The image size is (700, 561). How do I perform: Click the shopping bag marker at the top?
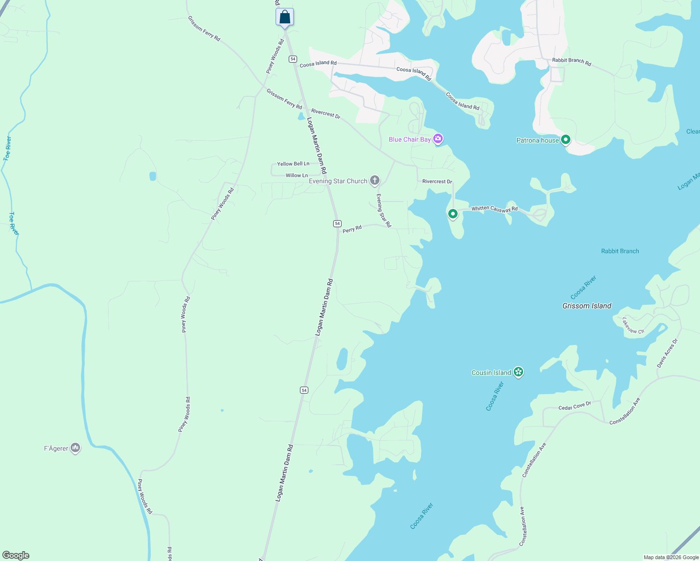click(x=284, y=18)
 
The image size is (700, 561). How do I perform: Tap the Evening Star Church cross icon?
click(x=375, y=180)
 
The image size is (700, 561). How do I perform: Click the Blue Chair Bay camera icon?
click(x=438, y=139)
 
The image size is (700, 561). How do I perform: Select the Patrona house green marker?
click(x=566, y=140)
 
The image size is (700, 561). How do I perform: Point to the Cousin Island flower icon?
click(x=518, y=372)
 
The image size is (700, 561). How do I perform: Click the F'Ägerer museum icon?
click(x=75, y=448)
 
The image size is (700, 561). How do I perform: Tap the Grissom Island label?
click(x=587, y=306)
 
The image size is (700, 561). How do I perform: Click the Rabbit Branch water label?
click(x=620, y=251)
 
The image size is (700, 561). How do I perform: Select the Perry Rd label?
click(x=352, y=229)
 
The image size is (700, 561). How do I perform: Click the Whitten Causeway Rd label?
click(x=495, y=209)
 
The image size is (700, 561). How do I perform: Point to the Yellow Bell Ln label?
click(x=293, y=164)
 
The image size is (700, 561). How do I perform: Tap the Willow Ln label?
click(x=297, y=175)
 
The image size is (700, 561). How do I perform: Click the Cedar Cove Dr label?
click(x=575, y=406)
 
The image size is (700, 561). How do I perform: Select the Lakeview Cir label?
click(x=633, y=326)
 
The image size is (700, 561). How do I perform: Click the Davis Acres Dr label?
click(x=667, y=353)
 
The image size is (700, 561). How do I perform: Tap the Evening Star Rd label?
click(x=383, y=210)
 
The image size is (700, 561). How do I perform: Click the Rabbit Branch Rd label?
click(x=571, y=61)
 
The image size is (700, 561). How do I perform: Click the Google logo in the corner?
click(x=16, y=555)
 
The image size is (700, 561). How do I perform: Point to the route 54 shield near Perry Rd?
click(x=337, y=223)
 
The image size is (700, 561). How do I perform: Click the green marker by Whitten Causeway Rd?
click(x=452, y=214)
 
